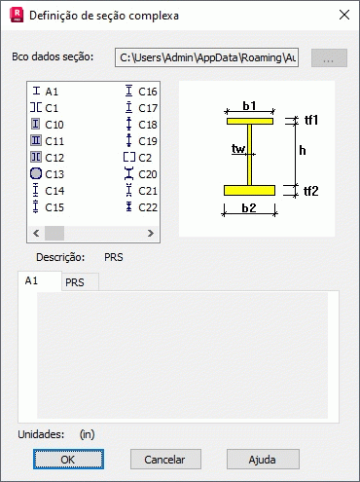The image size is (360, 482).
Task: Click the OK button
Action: [68, 460]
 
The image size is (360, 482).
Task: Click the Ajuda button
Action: [263, 460]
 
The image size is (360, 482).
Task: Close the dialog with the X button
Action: [344, 15]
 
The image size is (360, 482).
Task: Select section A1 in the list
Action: [46, 92]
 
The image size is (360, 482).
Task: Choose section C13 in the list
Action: [47, 174]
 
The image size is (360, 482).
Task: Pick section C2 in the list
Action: [137, 158]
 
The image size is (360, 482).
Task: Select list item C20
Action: [141, 174]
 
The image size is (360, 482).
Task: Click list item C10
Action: [48, 125]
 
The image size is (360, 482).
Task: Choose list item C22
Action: [141, 207]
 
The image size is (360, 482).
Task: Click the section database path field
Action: [206, 57]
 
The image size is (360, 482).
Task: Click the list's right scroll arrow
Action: [151, 233]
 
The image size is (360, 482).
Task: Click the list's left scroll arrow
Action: [36, 233]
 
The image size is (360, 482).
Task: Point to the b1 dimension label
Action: [249, 105]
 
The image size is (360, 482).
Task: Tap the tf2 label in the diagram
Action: [311, 191]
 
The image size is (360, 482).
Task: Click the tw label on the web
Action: [238, 149]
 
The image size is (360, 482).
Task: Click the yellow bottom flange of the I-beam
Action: [249, 190]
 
